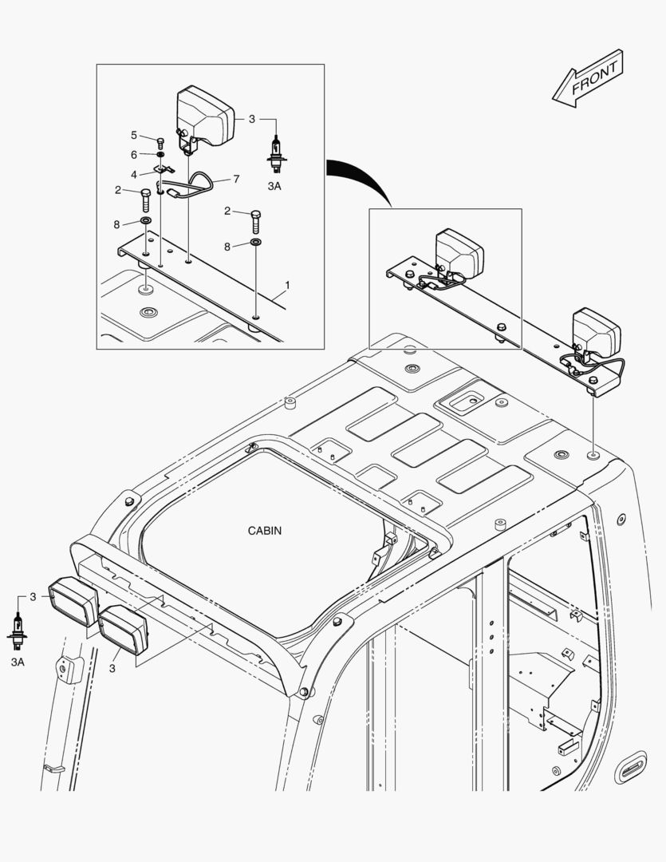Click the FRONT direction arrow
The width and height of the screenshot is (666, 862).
[x=588, y=78]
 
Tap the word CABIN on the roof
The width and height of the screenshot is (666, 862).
[x=265, y=531]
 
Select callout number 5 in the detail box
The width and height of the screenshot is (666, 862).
[x=133, y=135]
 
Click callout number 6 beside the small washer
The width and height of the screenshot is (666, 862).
[x=133, y=155]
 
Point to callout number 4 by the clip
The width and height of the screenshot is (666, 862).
[x=133, y=175]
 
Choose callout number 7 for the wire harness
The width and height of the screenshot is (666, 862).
[x=236, y=180]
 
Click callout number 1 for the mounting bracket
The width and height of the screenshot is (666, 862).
[x=287, y=285]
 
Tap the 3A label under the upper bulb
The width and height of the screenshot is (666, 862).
[x=274, y=186]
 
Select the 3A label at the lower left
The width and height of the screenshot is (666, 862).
[x=18, y=662]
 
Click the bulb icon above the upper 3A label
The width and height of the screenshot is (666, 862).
[x=277, y=155]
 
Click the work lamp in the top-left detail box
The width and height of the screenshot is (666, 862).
[x=204, y=117]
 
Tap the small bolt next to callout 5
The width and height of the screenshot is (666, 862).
[x=160, y=144]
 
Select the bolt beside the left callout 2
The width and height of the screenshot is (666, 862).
[x=146, y=200]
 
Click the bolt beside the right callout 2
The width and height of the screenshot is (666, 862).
[x=255, y=222]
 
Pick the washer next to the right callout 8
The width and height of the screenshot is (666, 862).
[x=256, y=243]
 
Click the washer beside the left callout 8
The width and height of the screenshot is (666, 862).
[x=146, y=221]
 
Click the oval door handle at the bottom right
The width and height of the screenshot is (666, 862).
[x=630, y=766]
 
